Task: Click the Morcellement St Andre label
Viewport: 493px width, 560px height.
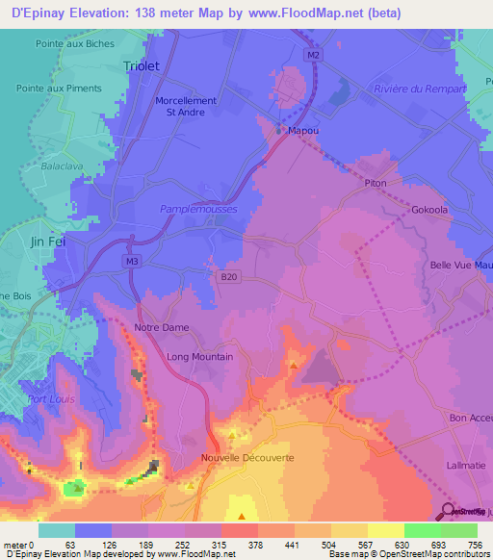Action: [x=186, y=106]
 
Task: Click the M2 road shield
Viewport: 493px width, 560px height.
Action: [x=314, y=55]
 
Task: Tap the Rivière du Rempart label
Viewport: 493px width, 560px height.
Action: [x=413, y=89]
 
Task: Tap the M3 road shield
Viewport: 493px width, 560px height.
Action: [x=131, y=260]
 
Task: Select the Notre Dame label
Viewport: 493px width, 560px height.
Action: [x=162, y=328]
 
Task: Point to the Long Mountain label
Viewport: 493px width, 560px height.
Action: [x=200, y=357]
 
